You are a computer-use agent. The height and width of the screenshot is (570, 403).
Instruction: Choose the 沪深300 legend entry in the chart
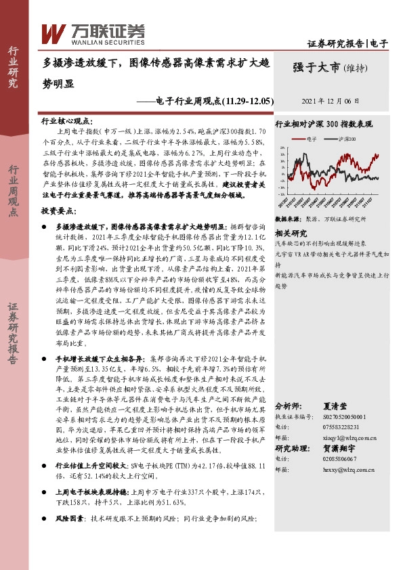click(346, 139)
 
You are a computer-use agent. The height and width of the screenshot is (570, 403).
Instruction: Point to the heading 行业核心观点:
click(64, 121)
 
